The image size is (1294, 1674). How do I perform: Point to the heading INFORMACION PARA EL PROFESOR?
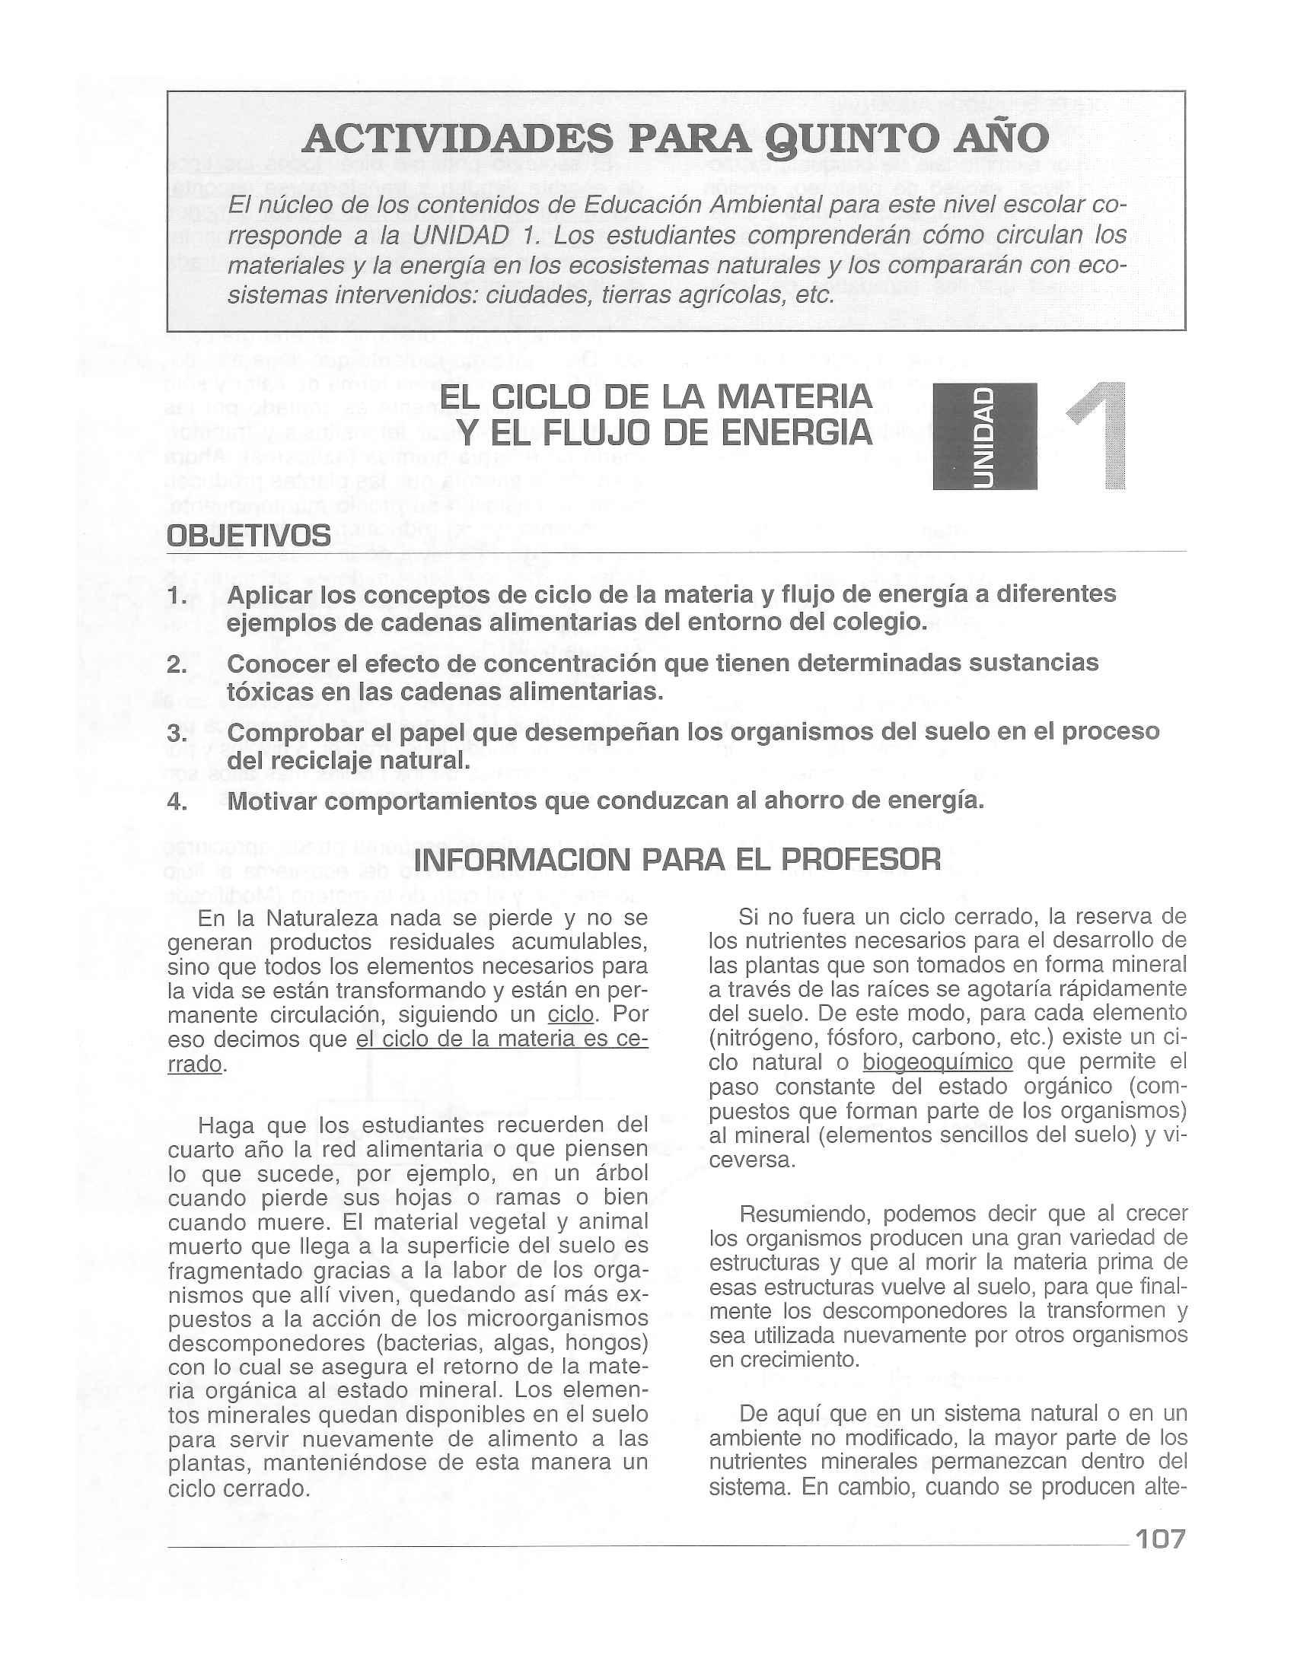[677, 860]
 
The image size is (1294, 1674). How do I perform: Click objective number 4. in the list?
[177, 802]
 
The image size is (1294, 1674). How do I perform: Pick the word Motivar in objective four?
[276, 802]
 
